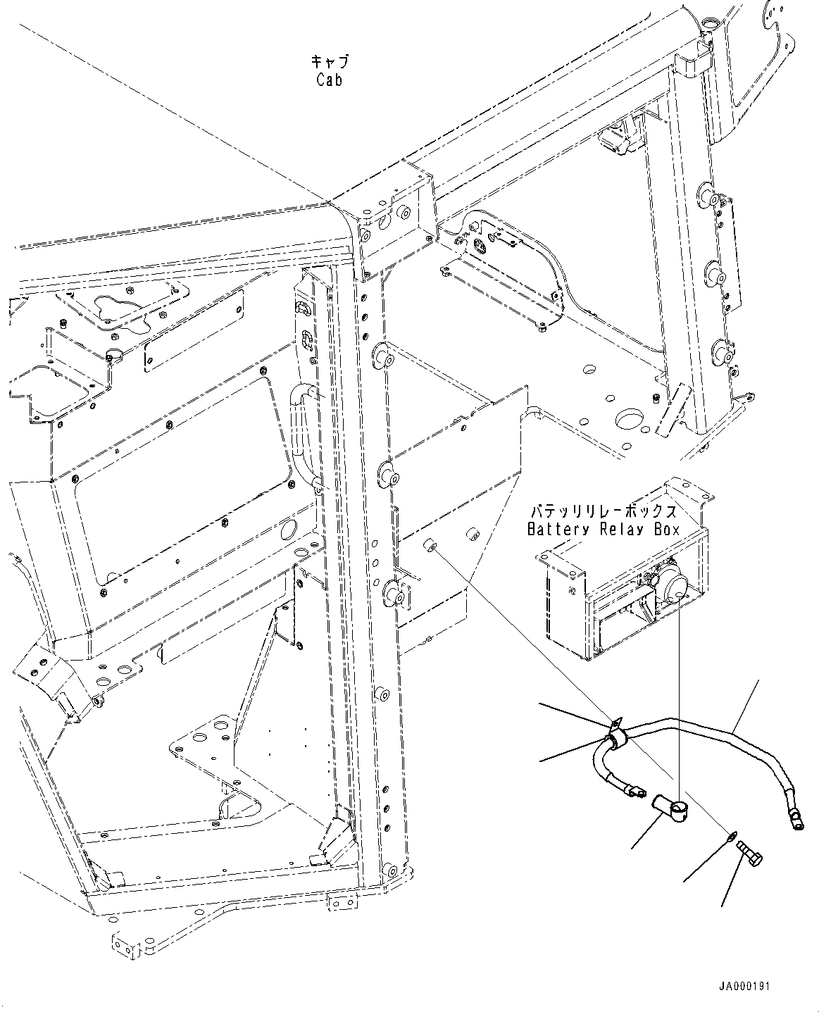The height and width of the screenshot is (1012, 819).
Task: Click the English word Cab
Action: pos(329,80)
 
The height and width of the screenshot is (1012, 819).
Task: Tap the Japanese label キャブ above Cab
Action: pos(329,62)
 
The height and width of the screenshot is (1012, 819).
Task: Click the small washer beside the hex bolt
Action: pos(732,835)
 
